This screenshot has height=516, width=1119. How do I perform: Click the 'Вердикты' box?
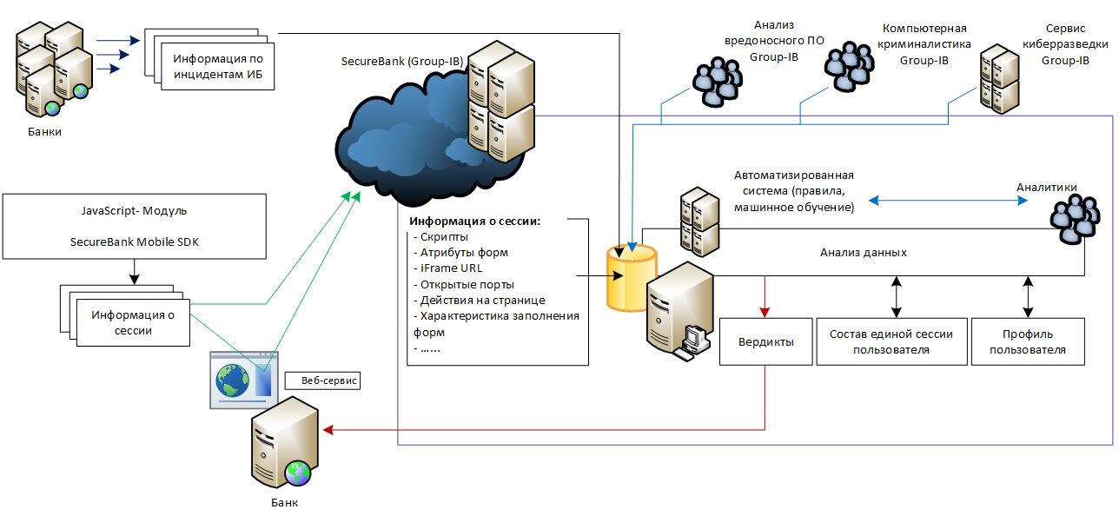coord(765,341)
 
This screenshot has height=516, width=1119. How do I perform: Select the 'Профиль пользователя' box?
coord(1028,341)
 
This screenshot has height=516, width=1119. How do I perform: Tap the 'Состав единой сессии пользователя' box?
coord(891,341)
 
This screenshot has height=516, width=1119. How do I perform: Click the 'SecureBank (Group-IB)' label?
coord(402,62)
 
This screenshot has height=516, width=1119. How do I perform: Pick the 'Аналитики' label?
coord(1046,187)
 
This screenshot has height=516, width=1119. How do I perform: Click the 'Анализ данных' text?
coord(863,253)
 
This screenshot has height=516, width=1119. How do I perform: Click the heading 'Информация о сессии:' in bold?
coord(474,221)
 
